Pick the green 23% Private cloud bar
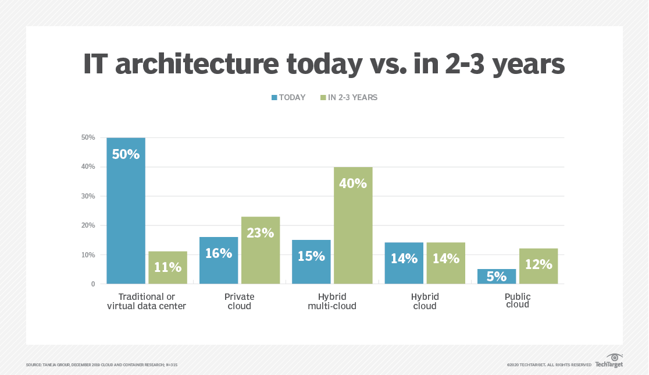(x=260, y=250)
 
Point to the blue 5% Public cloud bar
(x=496, y=277)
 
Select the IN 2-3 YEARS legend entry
(x=348, y=98)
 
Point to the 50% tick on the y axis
(x=88, y=137)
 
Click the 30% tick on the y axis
(x=88, y=196)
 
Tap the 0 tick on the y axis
(x=92, y=284)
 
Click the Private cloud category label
(x=239, y=301)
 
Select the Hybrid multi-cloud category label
(x=331, y=301)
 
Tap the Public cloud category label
(x=518, y=300)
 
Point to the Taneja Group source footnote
(x=102, y=365)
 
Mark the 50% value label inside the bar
(x=126, y=154)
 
